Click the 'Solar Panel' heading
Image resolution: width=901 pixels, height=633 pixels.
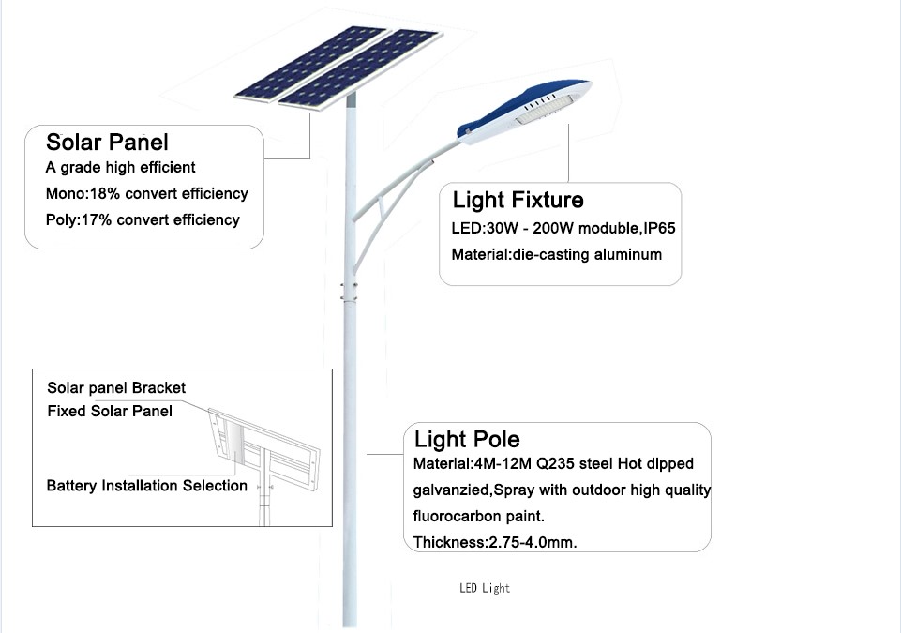pyautogui.click(x=108, y=142)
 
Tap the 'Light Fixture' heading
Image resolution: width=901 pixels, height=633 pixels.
pyautogui.click(x=518, y=200)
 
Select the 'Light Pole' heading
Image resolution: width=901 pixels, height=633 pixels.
pyautogui.click(x=467, y=439)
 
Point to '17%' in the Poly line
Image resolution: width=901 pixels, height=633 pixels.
pyautogui.click(x=97, y=220)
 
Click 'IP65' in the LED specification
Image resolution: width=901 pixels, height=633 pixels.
pyautogui.click(x=660, y=228)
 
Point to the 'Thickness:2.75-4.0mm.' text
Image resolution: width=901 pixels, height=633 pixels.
pyautogui.click(x=495, y=542)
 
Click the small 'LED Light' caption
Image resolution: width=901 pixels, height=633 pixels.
pyautogui.click(x=485, y=588)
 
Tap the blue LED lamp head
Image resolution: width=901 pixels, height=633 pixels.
pyautogui.click(x=524, y=111)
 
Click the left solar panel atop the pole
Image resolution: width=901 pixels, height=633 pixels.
pyautogui.click(x=310, y=63)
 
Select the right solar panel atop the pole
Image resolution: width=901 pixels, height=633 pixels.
pyautogui.click(x=361, y=69)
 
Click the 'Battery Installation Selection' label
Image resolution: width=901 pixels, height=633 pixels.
pyautogui.click(x=146, y=486)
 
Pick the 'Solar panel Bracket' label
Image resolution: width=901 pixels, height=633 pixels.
pyautogui.click(x=116, y=388)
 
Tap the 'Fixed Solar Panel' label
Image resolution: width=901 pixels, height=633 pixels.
pyautogui.click(x=110, y=411)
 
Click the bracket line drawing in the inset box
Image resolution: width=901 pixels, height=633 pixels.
pyautogui.click(x=264, y=454)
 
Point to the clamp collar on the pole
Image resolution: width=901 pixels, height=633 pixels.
pyautogui.click(x=350, y=292)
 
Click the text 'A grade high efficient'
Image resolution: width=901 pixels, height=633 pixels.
pyautogui.click(x=120, y=167)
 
